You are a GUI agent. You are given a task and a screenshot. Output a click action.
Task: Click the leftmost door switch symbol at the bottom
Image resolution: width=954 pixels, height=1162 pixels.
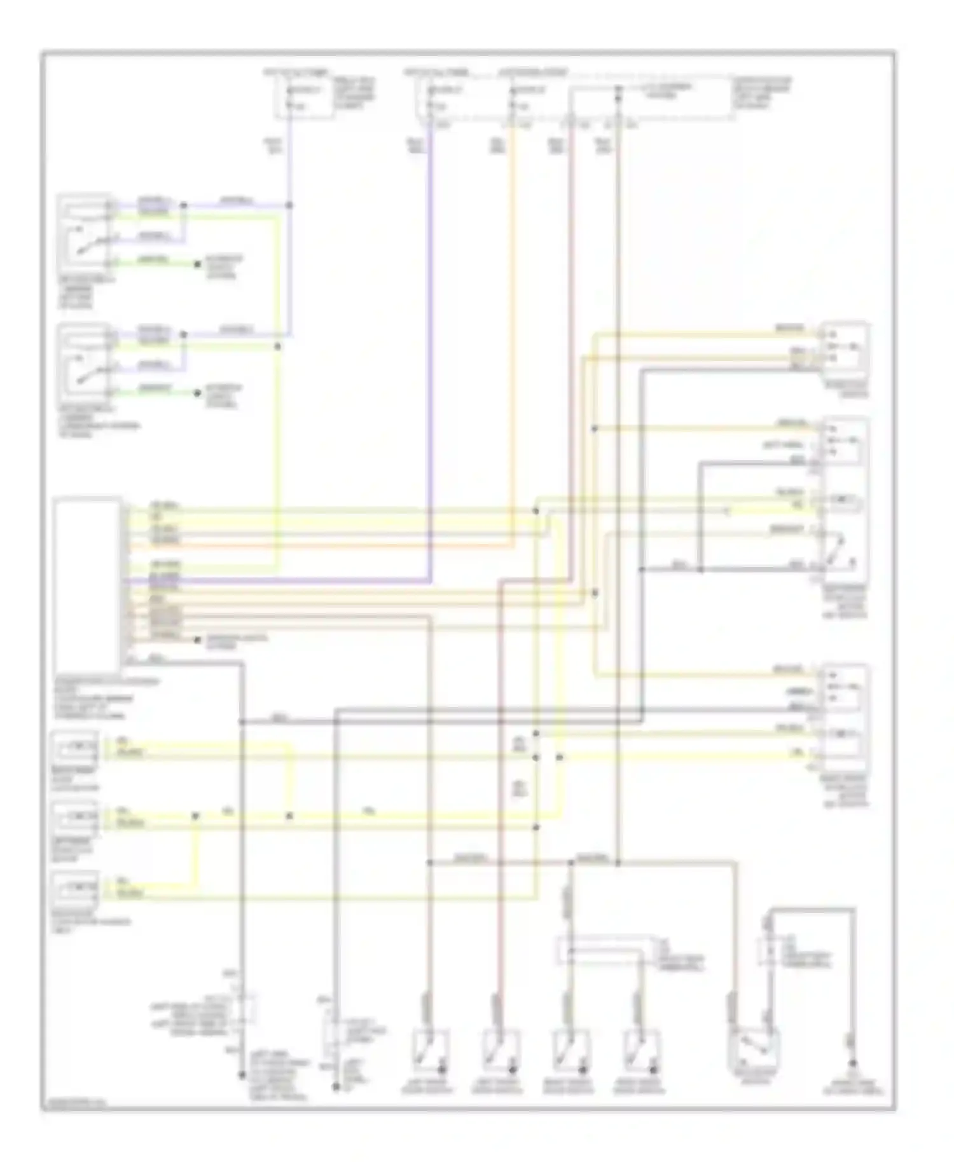(431, 1048)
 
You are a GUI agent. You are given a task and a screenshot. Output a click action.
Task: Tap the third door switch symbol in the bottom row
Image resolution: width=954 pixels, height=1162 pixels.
(571, 1048)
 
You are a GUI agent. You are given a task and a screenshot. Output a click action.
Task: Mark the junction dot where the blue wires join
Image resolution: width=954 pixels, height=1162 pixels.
(289, 205)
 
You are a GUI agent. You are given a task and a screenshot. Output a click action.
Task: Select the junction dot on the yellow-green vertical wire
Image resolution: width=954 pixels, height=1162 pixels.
(277, 346)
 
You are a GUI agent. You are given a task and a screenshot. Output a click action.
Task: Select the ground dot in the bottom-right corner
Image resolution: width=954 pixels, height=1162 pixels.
(853, 1064)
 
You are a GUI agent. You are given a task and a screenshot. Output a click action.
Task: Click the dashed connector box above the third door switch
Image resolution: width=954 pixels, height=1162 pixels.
(604, 950)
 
